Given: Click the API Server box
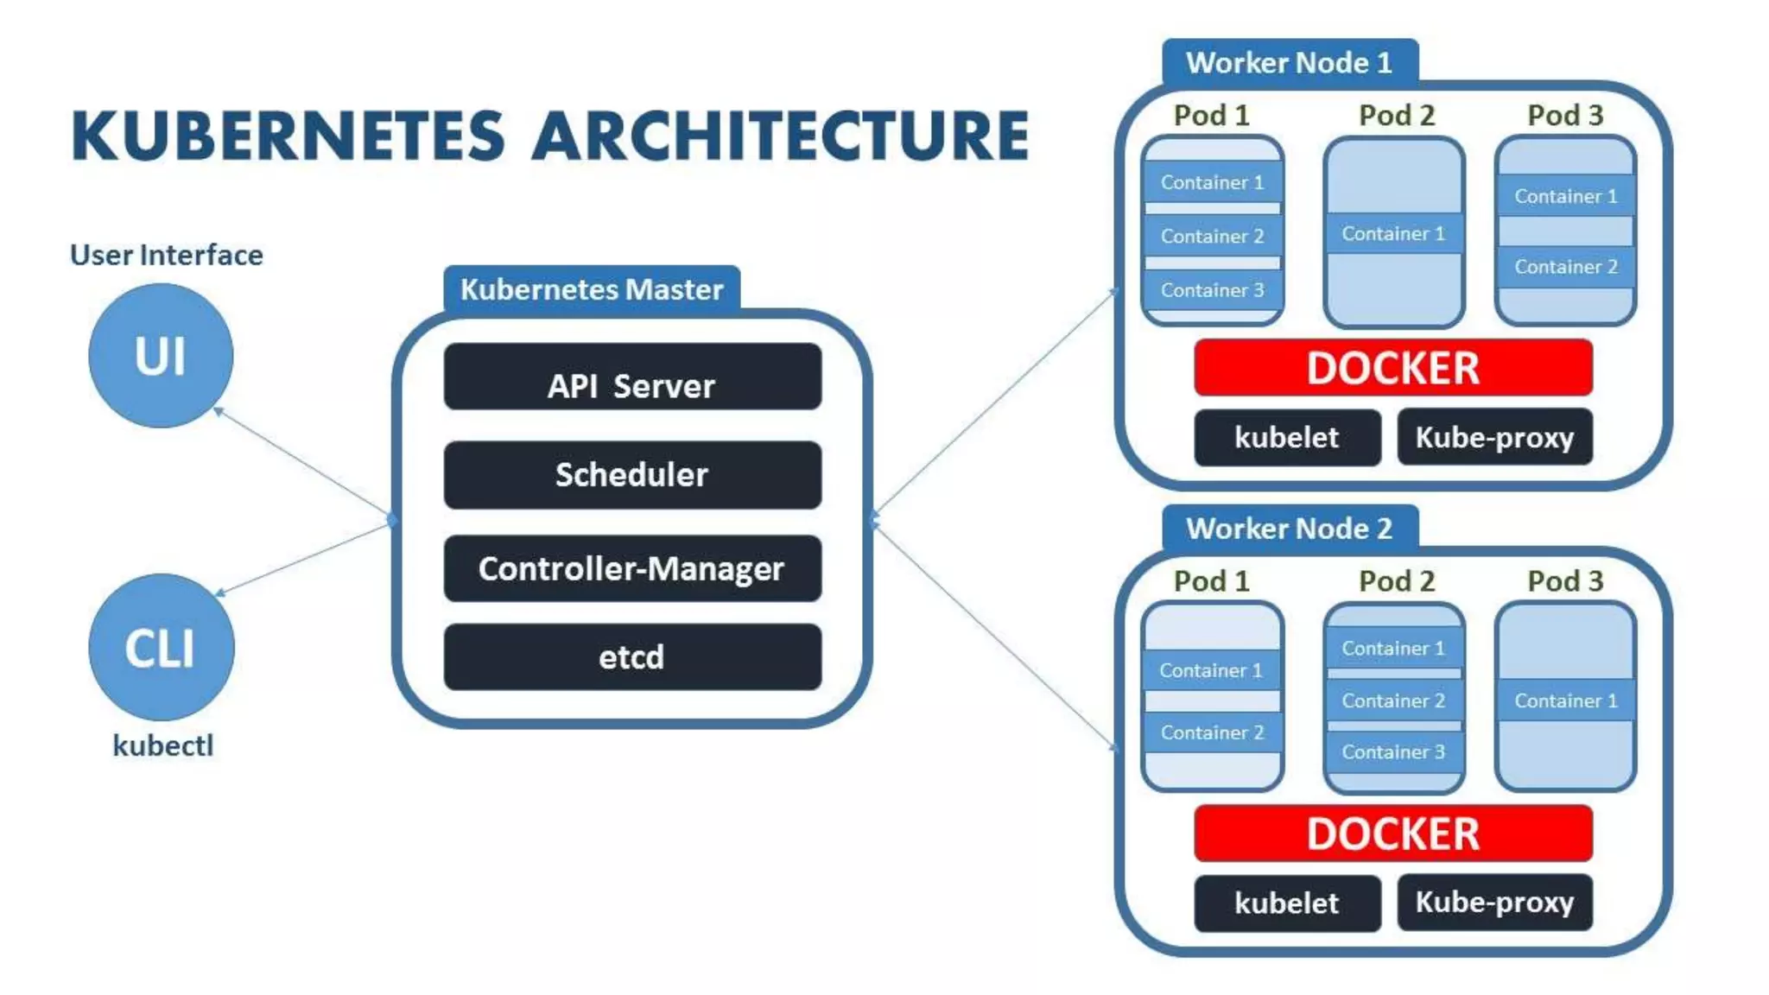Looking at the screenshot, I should [631, 377].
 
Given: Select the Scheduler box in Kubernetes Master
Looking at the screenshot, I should [631, 475].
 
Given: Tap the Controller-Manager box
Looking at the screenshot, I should [631, 568].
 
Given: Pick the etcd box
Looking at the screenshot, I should [631, 657].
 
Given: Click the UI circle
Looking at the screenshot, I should [161, 356].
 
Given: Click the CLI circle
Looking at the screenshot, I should [161, 648].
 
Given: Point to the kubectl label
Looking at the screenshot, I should [162, 745].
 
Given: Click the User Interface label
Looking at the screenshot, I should [166, 255].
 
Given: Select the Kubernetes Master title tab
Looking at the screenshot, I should [592, 289].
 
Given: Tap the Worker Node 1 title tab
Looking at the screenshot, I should [1289, 63].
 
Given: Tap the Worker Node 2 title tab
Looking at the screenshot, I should [1289, 529].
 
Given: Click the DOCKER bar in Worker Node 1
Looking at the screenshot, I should [1392, 368].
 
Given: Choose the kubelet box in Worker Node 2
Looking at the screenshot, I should [1286, 903].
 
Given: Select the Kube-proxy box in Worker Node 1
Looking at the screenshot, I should [1494, 437].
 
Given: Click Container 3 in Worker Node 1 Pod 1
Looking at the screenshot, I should [1212, 291].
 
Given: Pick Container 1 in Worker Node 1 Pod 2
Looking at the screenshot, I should [1392, 234].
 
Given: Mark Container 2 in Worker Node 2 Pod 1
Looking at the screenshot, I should [1212, 733].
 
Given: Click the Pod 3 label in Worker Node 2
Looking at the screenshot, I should [1564, 581].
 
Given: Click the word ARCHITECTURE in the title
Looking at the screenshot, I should [779, 136].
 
